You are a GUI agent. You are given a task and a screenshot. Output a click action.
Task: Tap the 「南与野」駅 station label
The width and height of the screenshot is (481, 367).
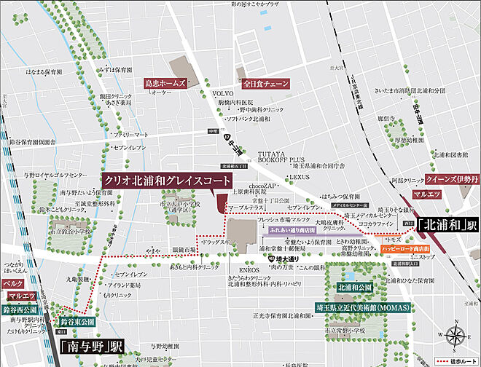coord(92,347)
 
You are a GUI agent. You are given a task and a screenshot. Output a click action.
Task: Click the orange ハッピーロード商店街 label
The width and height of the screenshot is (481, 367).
coord(405,248)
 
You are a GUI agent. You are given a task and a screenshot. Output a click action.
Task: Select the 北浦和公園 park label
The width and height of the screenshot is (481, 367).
coord(354,288)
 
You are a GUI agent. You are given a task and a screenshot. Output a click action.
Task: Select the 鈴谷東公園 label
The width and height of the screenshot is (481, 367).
coord(78,321)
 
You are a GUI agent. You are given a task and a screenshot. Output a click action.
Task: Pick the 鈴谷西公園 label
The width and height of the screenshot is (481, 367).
coord(20,310)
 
